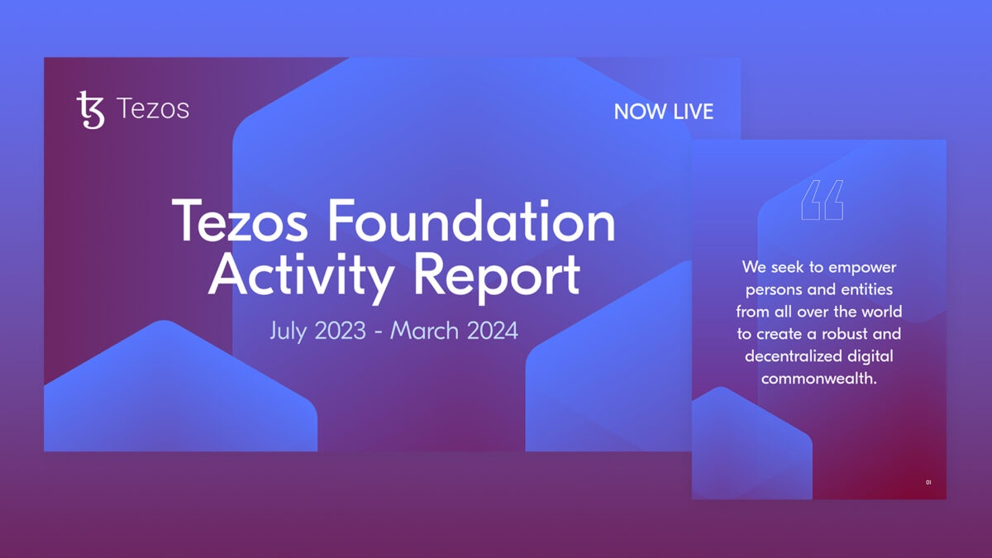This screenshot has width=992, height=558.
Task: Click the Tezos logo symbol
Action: (91, 110)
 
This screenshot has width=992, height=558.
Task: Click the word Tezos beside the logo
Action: (153, 109)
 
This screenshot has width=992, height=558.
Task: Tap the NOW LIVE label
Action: (663, 111)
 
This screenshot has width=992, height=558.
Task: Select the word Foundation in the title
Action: (471, 220)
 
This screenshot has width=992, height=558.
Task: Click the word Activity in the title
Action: (301, 276)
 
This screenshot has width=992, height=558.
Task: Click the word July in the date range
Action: (288, 331)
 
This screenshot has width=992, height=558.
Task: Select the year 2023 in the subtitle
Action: (341, 331)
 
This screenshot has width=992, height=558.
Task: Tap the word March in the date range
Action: (424, 331)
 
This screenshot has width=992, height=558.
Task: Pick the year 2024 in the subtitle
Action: (493, 331)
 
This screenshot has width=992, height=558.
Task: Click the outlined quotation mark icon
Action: (823, 200)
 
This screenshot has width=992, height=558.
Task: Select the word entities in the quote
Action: (866, 289)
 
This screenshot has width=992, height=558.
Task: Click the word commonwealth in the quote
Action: (817, 379)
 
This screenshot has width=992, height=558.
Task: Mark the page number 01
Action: (928, 482)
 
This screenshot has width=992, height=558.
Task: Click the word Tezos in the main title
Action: (240, 220)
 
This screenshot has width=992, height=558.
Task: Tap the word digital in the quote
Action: (870, 356)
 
